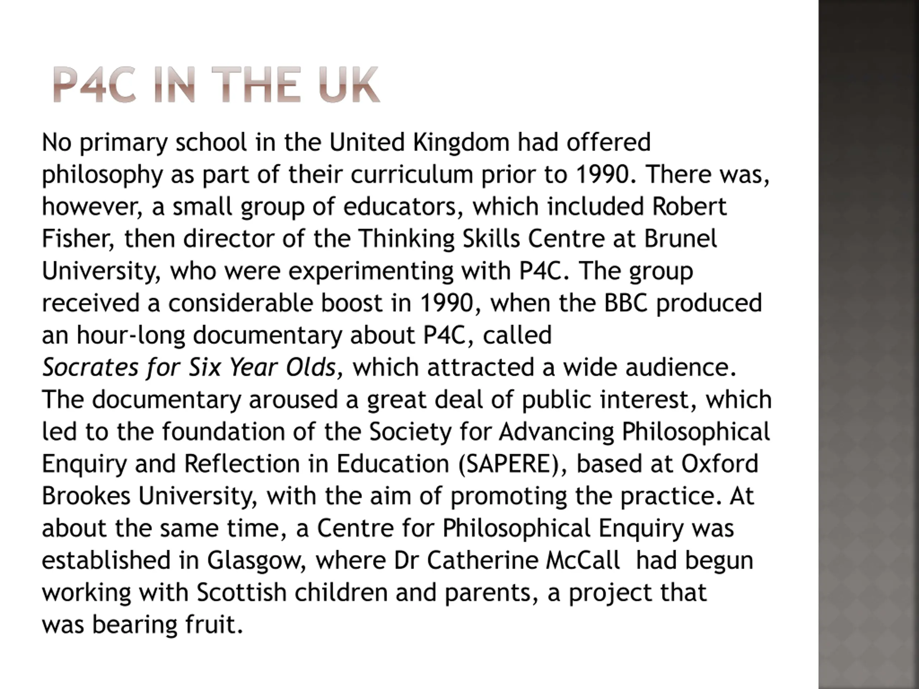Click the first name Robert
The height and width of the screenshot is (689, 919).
(689, 206)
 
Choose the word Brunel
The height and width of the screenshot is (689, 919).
(681, 238)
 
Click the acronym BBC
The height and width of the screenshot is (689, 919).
(625, 303)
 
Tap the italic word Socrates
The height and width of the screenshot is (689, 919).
(90, 367)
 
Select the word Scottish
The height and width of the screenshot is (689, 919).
(241, 593)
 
